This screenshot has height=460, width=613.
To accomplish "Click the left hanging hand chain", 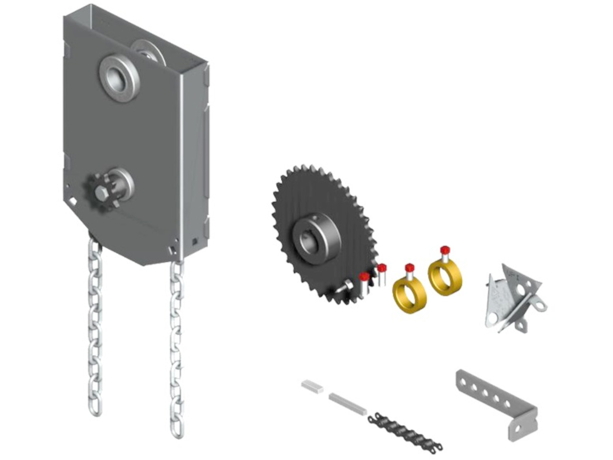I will point(95,326).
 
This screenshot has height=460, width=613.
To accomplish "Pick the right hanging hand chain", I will point(177,345).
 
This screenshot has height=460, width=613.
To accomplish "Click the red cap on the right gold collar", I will point(444,250).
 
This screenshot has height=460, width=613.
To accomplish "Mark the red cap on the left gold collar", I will point(409,267).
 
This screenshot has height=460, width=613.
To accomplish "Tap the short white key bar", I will point(313,387).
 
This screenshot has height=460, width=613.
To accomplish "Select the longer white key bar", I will point(348,403).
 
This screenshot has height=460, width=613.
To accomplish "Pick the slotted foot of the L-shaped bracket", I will point(522,429).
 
